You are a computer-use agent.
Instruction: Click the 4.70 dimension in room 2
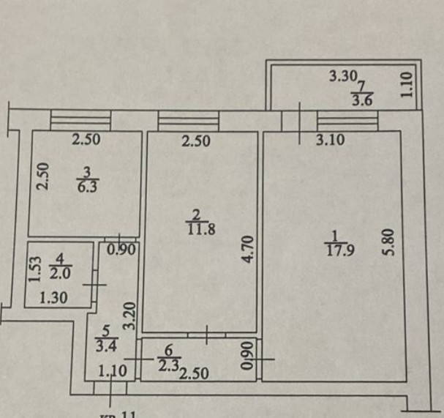click(x=248, y=249)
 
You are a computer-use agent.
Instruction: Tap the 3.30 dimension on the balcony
click(x=342, y=75)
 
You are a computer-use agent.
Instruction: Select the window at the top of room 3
click(x=80, y=119)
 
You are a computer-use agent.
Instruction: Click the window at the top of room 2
click(x=188, y=119)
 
